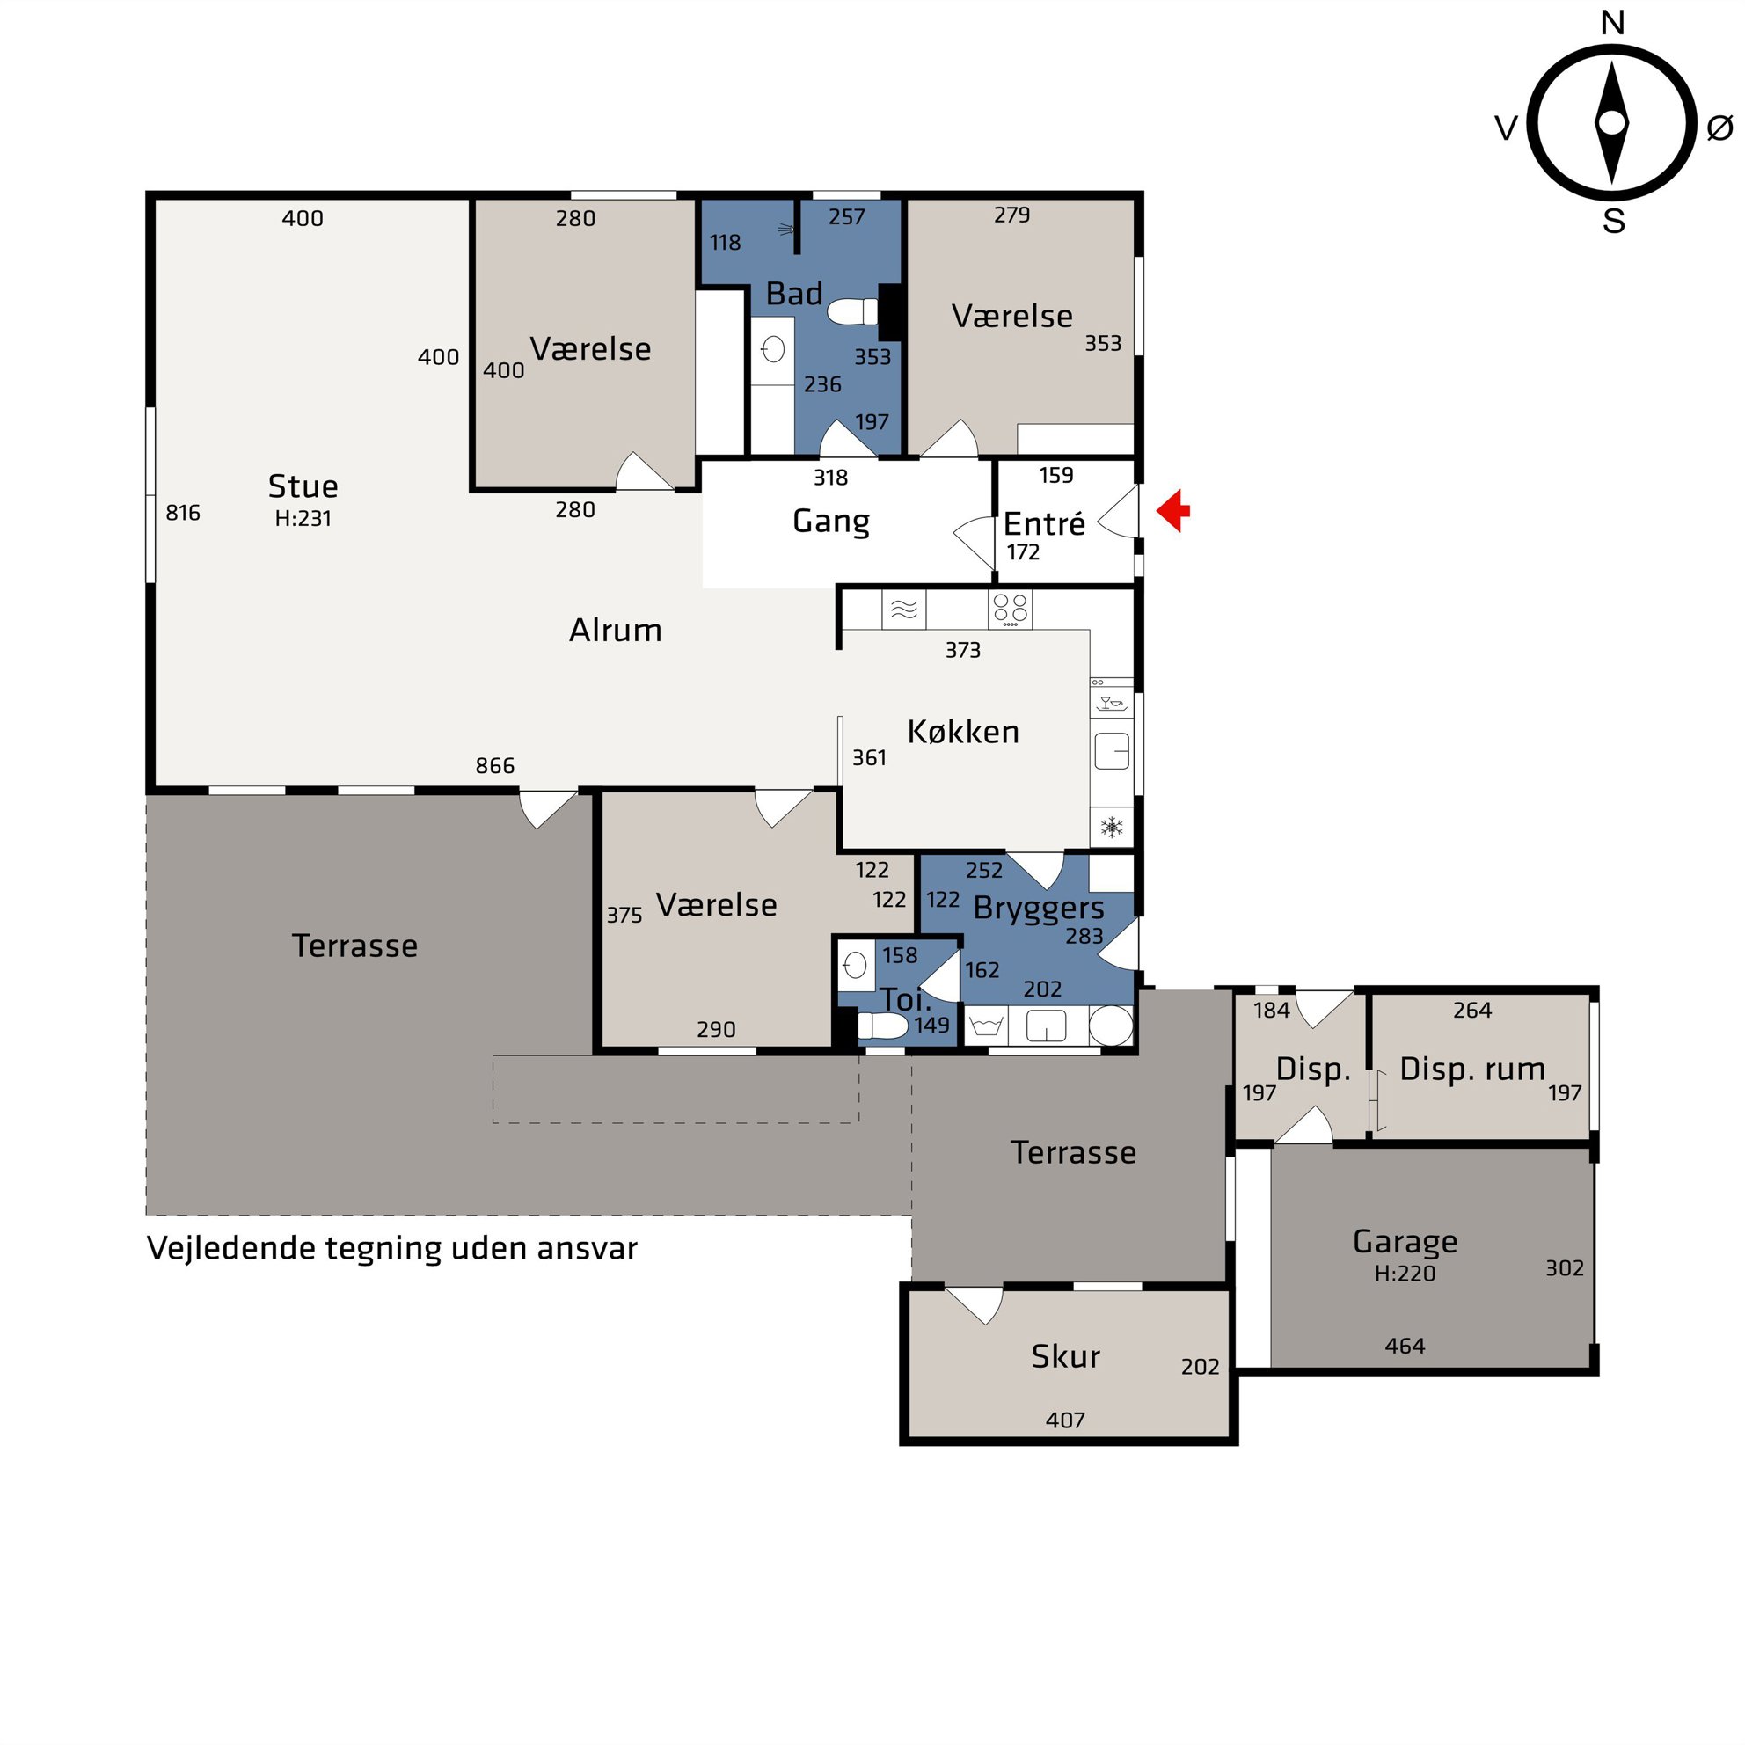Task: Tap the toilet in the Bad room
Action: pyautogui.click(x=851, y=311)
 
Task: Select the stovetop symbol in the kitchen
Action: pyautogui.click(x=1010, y=610)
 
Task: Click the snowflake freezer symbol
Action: pyautogui.click(x=1112, y=827)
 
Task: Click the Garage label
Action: pyautogui.click(x=1405, y=1242)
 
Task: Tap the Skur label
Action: pyautogui.click(x=1066, y=1356)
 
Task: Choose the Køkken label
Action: pyautogui.click(x=963, y=732)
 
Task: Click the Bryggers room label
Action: pyautogui.click(x=1039, y=909)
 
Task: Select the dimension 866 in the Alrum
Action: pyautogui.click(x=495, y=766)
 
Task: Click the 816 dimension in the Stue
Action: pyautogui.click(x=182, y=513)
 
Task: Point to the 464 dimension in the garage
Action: pyautogui.click(x=1405, y=1346)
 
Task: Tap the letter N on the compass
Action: pyautogui.click(x=1612, y=23)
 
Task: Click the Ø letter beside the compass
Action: pyautogui.click(x=1719, y=128)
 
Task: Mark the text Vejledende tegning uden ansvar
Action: pyautogui.click(x=392, y=1248)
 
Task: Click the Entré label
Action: pyautogui.click(x=1044, y=524)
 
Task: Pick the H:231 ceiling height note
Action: pyautogui.click(x=303, y=518)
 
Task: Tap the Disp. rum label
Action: pyautogui.click(x=1472, y=1070)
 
